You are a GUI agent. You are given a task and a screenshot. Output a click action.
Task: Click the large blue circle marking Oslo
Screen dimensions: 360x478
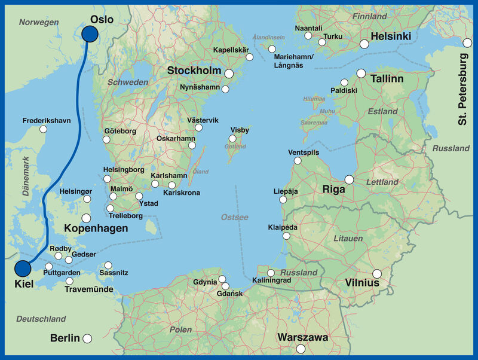coord(90,35)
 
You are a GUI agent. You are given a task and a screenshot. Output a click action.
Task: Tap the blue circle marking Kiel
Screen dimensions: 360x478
coord(23,269)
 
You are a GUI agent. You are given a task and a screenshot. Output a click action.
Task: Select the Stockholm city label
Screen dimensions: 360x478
coord(195,71)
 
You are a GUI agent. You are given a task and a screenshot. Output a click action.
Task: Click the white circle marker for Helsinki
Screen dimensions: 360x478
coord(364,44)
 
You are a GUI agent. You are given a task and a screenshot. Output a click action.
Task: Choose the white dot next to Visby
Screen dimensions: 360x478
coord(232,139)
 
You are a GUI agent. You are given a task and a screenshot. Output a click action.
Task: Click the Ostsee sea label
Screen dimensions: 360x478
coord(234,217)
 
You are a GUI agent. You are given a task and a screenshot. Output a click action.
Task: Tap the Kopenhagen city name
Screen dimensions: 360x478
coord(96,229)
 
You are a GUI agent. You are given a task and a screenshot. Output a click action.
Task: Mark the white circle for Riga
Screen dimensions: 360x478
coord(349,179)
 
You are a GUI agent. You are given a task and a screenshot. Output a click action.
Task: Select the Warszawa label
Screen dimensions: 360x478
coord(302,338)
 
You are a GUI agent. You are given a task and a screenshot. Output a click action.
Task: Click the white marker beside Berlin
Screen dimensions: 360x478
coord(87,338)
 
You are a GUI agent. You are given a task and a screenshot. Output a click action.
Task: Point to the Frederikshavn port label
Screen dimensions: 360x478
coord(47,121)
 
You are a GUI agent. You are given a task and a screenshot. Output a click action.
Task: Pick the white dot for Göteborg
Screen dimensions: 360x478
coord(106,139)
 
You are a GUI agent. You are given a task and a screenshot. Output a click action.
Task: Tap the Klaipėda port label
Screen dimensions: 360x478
coord(283,228)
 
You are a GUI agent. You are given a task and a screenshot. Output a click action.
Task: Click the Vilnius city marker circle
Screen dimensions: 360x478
coord(376,273)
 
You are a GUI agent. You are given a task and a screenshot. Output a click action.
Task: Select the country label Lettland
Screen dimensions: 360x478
coord(382,182)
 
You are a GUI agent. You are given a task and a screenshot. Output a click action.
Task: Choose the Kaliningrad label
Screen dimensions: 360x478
coord(271,280)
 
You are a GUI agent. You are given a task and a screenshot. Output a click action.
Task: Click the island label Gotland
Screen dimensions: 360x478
coord(235,147)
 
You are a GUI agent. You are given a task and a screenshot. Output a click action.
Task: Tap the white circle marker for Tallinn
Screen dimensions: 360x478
coord(361,73)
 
